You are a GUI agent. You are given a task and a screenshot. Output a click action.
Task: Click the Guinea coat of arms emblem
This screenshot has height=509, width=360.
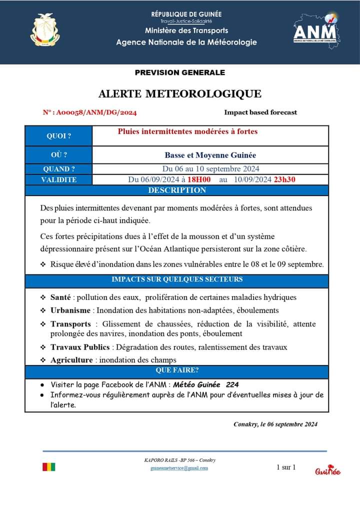click(45, 30)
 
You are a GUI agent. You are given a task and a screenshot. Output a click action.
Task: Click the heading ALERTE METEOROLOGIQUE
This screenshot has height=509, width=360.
click(180, 93)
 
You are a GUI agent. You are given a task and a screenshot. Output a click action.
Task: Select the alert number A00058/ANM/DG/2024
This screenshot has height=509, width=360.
click(90, 112)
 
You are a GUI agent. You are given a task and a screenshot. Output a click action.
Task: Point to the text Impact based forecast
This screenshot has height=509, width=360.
click(260, 112)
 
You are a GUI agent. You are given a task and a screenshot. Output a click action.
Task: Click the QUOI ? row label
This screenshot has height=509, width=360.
click(58, 136)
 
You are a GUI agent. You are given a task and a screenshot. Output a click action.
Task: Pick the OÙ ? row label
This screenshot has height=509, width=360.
click(58, 155)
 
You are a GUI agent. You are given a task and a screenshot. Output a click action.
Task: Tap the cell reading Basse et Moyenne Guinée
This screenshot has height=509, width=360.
click(210, 155)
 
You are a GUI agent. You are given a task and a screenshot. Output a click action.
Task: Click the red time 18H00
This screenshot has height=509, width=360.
click(199, 179)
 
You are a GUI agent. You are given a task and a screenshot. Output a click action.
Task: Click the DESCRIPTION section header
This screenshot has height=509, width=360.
click(177, 190)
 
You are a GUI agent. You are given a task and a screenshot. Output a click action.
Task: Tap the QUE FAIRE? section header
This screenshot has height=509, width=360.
click(177, 370)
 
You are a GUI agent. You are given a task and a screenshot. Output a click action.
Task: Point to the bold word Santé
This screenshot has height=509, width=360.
click(60, 297)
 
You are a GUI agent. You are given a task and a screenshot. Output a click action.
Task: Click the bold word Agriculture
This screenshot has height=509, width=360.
click(71, 360)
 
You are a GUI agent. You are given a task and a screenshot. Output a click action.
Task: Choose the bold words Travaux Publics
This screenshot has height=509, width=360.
click(80, 347)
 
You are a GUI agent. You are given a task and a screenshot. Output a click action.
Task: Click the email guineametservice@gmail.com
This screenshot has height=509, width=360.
click(179, 468)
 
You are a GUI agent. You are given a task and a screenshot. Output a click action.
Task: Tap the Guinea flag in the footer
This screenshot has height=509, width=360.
click(49, 467)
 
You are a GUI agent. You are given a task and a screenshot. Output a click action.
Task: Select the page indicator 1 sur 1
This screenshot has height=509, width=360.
click(286, 467)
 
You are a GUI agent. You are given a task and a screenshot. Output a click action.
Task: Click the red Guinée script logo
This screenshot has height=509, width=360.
click(328, 471)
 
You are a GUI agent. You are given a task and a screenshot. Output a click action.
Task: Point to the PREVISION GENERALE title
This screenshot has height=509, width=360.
click(180, 72)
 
